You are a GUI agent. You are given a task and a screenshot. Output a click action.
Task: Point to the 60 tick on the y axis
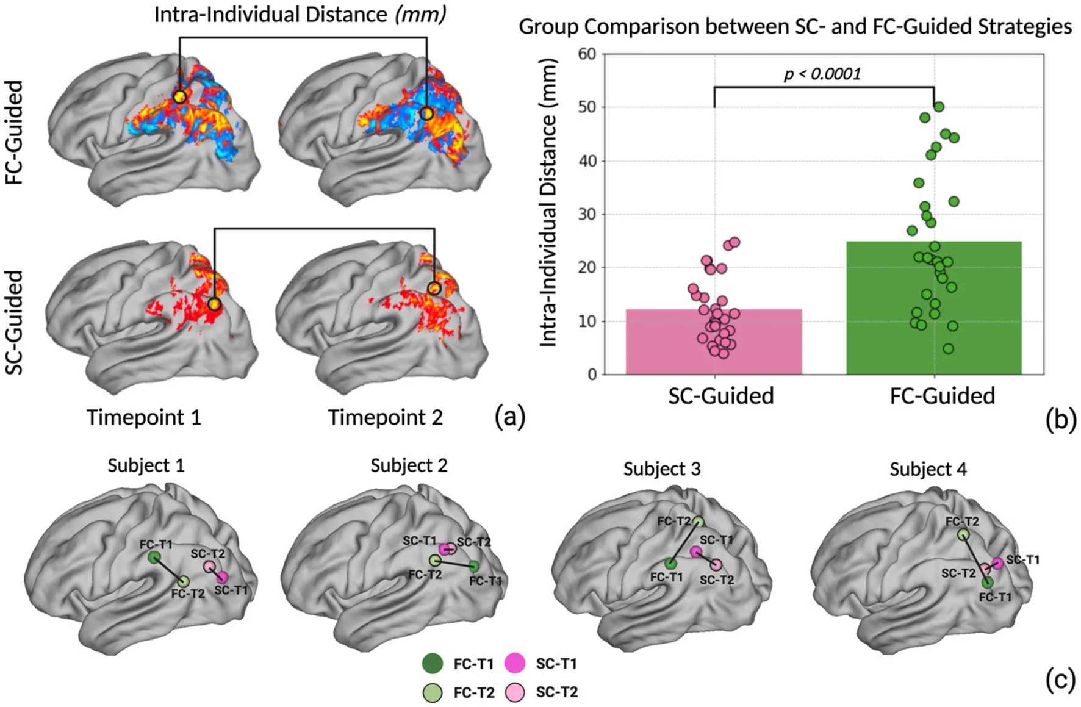point(587,54)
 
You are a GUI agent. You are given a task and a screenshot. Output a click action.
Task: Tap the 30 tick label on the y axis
point(587,214)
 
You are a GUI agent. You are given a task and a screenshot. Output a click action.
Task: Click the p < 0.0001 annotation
point(822,74)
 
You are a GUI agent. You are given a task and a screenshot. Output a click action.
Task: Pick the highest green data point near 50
point(939,107)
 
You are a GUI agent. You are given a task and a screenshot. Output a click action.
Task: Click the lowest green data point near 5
point(948,349)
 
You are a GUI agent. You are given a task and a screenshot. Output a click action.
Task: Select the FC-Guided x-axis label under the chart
point(942,397)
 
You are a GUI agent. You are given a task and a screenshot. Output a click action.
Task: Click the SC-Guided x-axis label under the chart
point(720,397)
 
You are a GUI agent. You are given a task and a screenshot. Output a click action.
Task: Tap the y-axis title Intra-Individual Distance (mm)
point(548,203)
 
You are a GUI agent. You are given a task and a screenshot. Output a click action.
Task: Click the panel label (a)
point(509,417)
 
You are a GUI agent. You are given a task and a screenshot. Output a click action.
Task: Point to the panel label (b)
point(1060,420)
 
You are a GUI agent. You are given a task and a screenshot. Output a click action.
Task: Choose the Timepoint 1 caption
point(143,418)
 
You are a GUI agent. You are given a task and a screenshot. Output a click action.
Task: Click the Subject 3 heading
point(662,469)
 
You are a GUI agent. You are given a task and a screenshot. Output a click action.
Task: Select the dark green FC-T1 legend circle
point(433,663)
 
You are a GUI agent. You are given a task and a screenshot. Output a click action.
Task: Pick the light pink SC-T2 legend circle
point(515,692)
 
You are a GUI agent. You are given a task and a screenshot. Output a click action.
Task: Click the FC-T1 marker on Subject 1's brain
point(154,557)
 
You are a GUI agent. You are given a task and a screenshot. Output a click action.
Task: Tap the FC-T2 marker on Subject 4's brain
point(963,535)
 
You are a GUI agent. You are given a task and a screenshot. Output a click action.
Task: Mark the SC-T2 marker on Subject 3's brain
point(716,565)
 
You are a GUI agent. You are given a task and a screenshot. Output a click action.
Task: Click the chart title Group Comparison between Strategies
point(795,27)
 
